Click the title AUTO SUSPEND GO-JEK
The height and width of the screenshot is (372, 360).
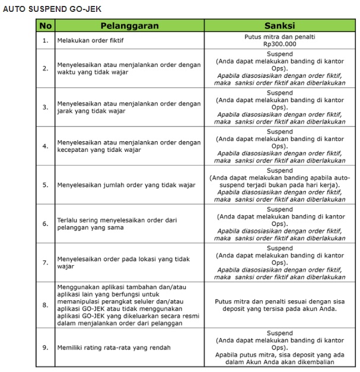52,9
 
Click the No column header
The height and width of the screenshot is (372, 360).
45,26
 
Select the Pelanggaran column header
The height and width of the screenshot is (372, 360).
129,26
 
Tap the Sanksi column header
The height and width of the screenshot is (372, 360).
279,26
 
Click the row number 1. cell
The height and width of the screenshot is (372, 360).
45,41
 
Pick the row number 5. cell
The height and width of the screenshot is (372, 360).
45,185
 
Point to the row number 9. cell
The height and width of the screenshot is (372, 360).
45,347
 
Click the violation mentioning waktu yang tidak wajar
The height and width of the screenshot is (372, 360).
129,68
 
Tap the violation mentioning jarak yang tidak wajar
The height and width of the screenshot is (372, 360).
129,107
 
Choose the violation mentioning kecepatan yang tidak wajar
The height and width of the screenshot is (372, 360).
129,146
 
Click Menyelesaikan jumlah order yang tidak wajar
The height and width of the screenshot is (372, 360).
126,185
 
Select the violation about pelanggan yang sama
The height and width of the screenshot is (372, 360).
117,224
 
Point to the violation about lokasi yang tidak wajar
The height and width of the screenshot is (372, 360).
123,263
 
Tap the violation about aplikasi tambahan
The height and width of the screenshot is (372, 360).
129,305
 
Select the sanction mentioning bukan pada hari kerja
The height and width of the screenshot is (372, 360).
279,185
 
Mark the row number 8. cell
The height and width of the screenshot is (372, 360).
45,305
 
